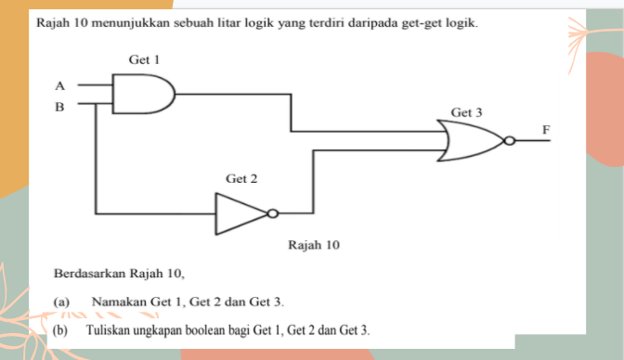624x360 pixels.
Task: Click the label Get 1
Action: click(x=144, y=59)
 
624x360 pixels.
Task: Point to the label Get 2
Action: click(x=240, y=177)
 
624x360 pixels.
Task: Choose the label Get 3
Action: click(x=466, y=111)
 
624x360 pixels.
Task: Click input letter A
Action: click(x=60, y=84)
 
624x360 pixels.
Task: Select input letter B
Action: click(x=60, y=107)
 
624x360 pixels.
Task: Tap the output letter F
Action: click(x=547, y=127)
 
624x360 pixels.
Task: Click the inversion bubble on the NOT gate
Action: click(x=272, y=213)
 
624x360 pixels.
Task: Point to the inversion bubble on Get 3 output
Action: click(x=508, y=141)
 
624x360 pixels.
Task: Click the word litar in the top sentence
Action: click(x=235, y=20)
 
